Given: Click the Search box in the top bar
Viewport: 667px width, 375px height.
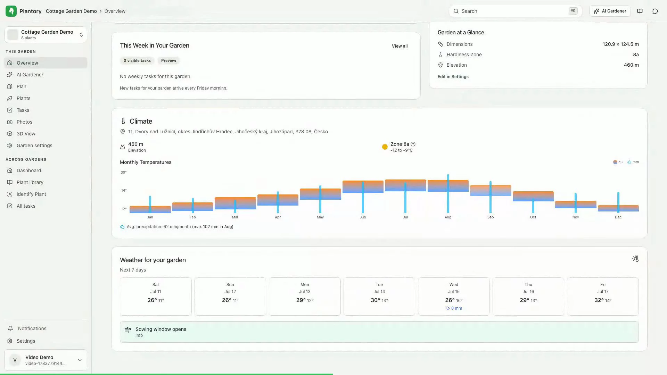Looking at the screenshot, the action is tap(515, 11).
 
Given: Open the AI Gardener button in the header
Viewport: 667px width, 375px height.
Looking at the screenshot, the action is tap(610, 11).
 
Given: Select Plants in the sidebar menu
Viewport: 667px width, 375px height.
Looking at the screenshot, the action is tap(23, 98).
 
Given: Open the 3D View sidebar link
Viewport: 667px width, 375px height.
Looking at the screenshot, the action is tap(26, 134).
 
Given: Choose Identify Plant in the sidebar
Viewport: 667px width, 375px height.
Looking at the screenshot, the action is tap(31, 194).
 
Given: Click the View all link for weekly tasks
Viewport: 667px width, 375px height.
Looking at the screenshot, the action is tap(400, 46).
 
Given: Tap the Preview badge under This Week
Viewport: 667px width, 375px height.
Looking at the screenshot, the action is tap(168, 60).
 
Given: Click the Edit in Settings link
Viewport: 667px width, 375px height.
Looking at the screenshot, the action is tap(453, 77).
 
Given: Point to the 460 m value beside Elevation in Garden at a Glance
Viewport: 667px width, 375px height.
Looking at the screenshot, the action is tap(631, 65).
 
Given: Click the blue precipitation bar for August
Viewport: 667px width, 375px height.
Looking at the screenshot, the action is tap(448, 194).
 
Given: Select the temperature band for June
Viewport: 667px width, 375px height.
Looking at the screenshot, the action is tap(363, 187).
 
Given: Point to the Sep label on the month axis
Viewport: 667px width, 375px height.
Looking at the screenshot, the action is tap(491, 217).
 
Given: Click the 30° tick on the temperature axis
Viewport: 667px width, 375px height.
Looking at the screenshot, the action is tap(124, 172).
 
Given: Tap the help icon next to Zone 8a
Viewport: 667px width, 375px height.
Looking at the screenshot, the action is tap(413, 144).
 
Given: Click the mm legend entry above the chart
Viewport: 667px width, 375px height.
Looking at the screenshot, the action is tap(633, 162).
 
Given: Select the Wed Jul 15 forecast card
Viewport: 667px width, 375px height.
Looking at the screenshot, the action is tap(454, 297).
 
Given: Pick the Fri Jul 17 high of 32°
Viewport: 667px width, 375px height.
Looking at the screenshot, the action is tap(599, 300).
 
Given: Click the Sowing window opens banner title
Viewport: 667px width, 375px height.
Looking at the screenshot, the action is tap(161, 329).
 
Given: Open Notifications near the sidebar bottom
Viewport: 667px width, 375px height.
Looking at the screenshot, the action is tap(32, 328).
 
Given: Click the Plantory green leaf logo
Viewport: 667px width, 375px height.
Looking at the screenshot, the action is tap(11, 11).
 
